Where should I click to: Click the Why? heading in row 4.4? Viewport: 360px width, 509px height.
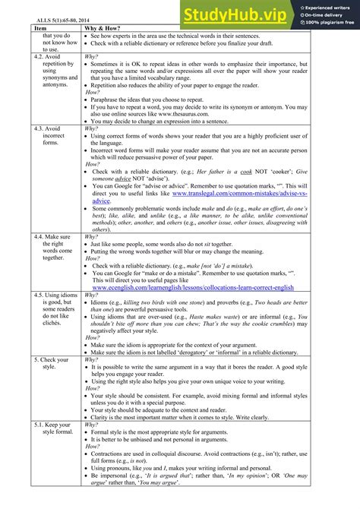click(x=92, y=236)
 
